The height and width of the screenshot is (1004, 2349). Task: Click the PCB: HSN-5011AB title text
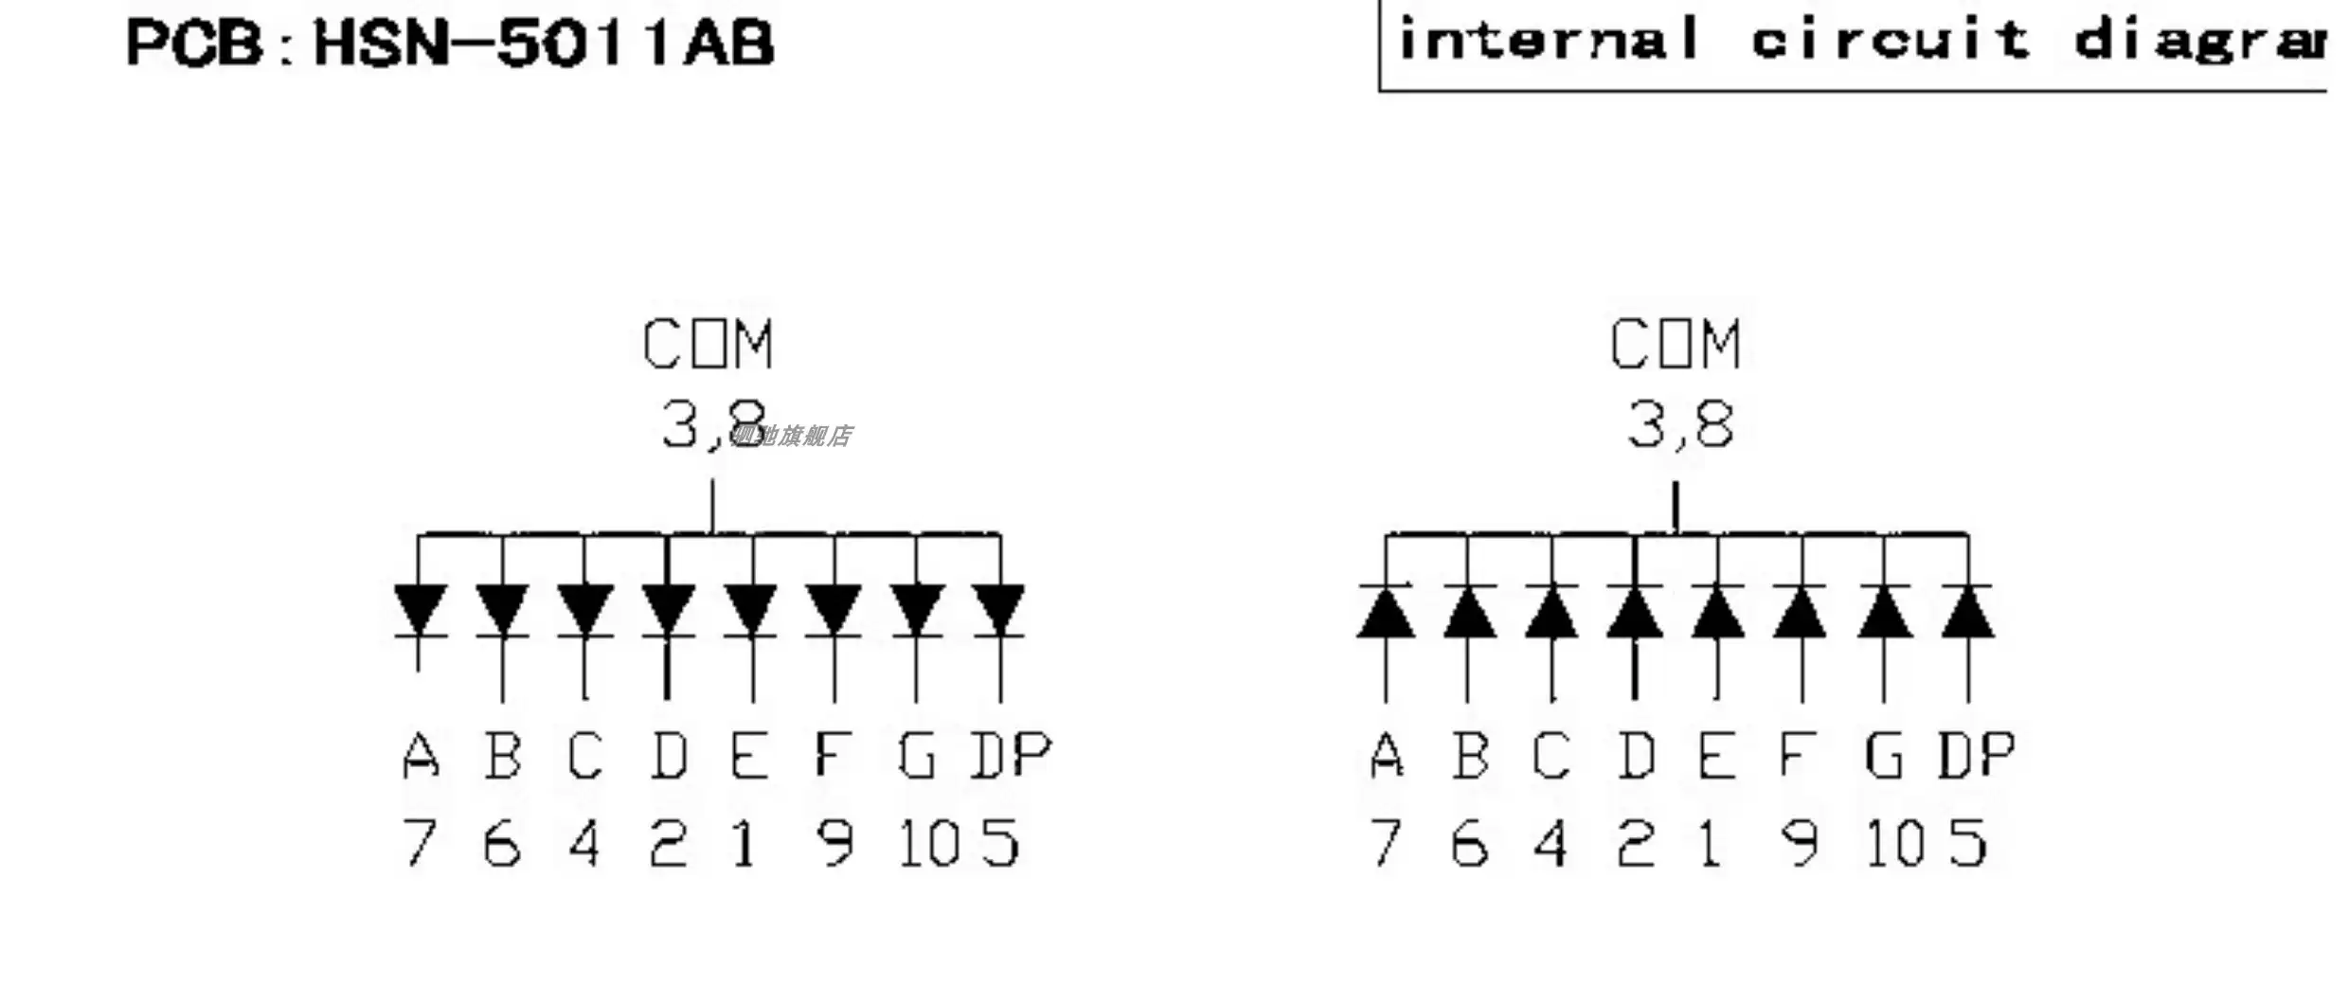(x=450, y=44)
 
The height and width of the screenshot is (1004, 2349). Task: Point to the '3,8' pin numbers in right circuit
(x=1680, y=424)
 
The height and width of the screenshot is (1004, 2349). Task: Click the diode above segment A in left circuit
(x=421, y=610)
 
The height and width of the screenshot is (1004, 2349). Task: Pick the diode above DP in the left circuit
(x=1000, y=610)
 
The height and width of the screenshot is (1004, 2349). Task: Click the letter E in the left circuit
(x=749, y=756)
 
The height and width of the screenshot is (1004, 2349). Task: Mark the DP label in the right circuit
(x=1976, y=756)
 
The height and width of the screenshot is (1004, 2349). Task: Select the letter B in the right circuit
(x=1470, y=756)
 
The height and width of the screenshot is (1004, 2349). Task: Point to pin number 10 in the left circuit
(x=928, y=843)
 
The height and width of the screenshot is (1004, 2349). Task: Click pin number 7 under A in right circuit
(x=1386, y=843)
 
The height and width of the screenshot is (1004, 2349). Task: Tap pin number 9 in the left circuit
(x=834, y=843)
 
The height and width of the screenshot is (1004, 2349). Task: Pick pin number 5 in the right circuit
(x=1968, y=843)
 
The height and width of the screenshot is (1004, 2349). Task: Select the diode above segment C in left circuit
(x=584, y=610)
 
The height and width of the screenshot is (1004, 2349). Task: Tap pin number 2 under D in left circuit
(x=668, y=843)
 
